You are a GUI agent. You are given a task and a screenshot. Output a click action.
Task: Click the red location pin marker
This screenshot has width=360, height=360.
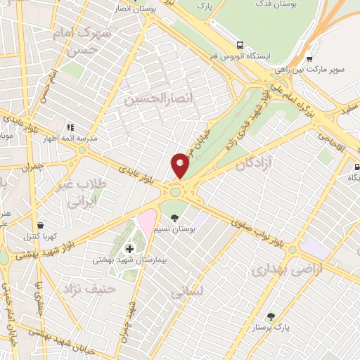click(180, 165)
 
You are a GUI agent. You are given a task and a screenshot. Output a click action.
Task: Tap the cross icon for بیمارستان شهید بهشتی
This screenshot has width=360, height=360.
click(129, 248)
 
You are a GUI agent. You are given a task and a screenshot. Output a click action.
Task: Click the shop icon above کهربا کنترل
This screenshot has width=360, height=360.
click(40, 226)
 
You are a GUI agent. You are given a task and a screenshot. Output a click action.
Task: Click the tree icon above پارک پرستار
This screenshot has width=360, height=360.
click(271, 316)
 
